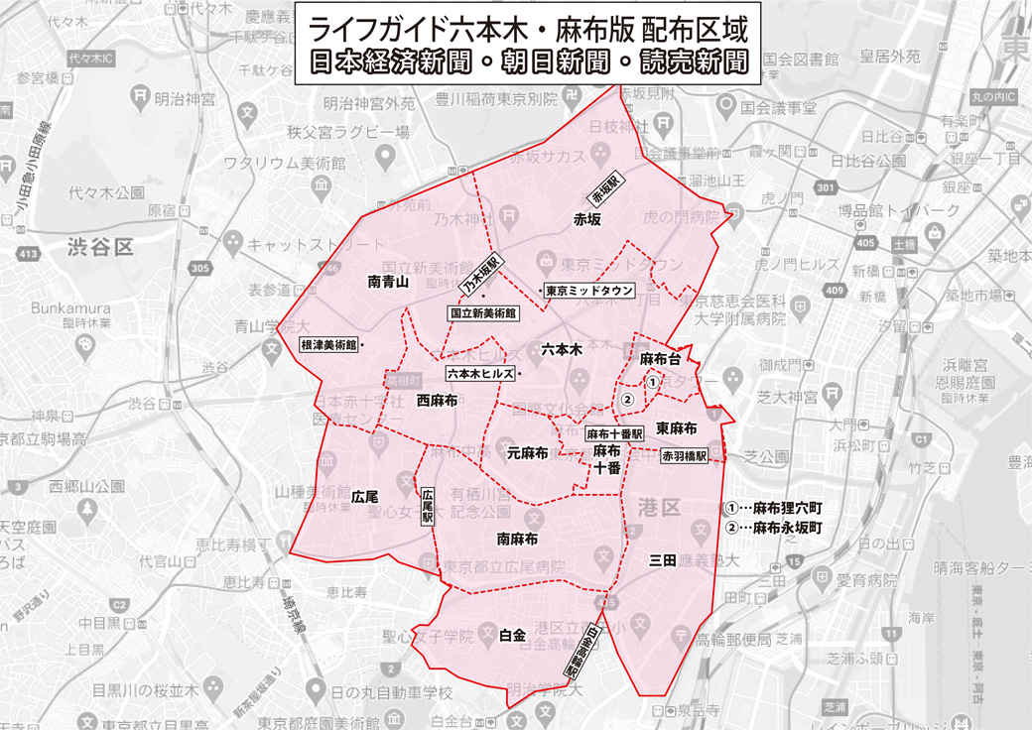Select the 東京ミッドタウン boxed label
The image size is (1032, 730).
589,291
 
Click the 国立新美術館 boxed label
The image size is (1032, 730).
483,312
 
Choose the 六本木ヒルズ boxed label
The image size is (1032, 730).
480,374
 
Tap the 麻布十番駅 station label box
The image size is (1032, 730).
614,434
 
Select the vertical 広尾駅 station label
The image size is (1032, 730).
428,505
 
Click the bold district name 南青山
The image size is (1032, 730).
388,282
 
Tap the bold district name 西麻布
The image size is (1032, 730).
437,402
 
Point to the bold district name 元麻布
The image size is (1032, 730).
528,453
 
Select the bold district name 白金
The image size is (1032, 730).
512,636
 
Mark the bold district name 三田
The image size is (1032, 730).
663,560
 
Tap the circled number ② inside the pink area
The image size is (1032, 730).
626,399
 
